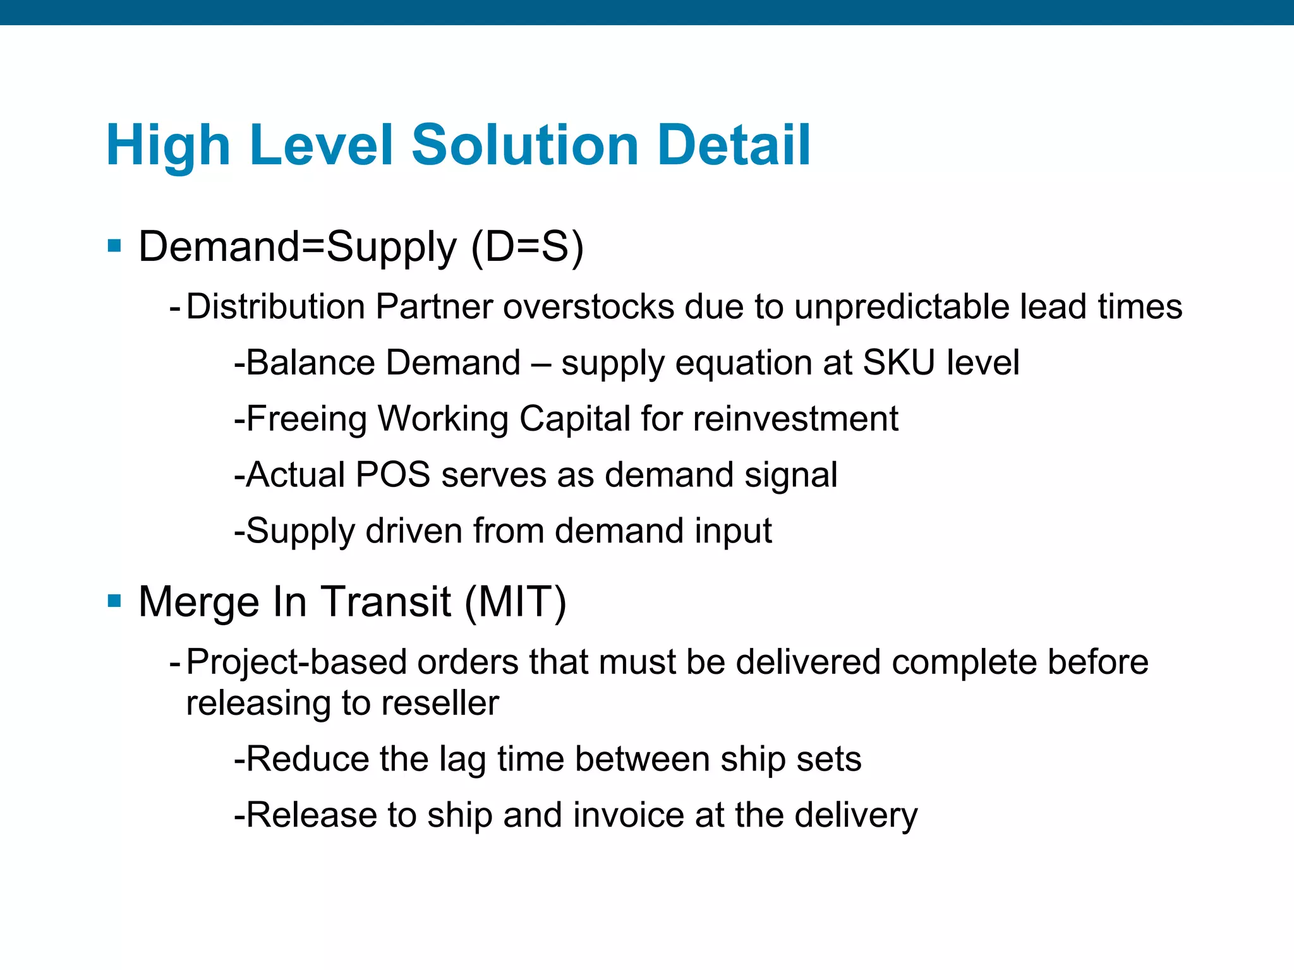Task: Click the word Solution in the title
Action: [x=534, y=145]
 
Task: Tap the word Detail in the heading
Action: [x=734, y=145]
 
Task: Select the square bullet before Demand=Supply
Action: [x=114, y=245]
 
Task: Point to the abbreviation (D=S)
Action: [x=528, y=246]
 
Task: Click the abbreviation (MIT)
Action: [x=516, y=601]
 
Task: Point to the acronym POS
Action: [x=392, y=474]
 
